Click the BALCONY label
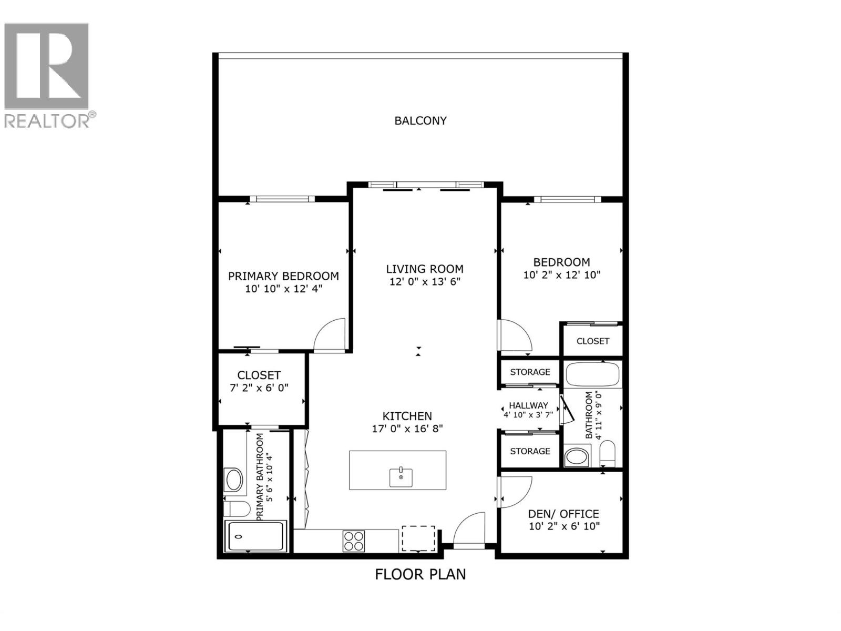(420, 120)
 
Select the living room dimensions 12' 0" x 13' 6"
(425, 282)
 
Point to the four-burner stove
(354, 541)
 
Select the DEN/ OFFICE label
(563, 514)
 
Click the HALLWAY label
(528, 405)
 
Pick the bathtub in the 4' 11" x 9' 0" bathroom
(593, 374)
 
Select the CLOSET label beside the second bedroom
(592, 341)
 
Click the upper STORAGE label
(530, 372)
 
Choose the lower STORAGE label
(530, 451)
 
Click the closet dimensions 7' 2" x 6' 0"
(259, 388)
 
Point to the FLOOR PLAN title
(420, 574)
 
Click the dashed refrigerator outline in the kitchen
(418, 538)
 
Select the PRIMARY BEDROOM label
(283, 276)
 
